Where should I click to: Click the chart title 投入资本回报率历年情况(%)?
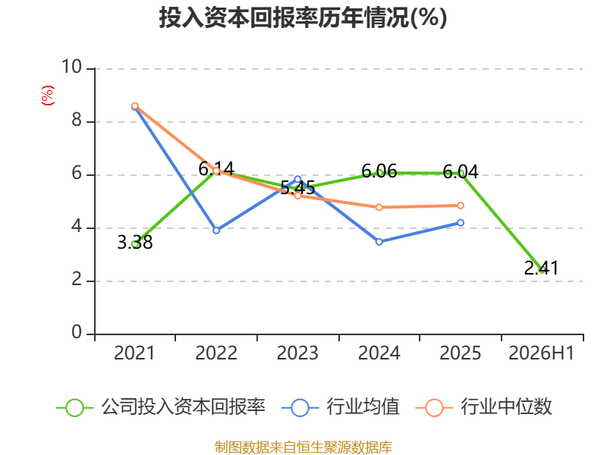pos(303,17)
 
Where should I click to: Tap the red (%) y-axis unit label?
pos(48,96)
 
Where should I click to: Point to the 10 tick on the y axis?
pos(72,67)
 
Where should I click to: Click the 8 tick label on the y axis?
pos(77,121)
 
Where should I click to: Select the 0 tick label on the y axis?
pos(77,332)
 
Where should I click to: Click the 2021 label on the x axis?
pos(134,353)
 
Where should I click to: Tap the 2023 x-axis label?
pos(297,353)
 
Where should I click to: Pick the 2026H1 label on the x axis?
pos(541,353)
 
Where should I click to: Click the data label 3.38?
pos(135,243)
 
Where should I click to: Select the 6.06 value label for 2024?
pos(379,171)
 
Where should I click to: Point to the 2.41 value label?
pos(542,268)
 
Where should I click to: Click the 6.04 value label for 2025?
pos(461,171)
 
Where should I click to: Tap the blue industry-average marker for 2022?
pos(216,231)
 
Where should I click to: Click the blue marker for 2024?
pos(379,242)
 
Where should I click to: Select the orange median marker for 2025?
pos(461,206)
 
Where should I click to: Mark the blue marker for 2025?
pos(461,223)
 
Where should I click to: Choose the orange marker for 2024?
pos(379,207)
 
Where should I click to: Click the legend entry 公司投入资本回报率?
pos(161,407)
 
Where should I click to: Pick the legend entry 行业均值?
pos(340,407)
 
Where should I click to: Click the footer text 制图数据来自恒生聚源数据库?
pos(303,447)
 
